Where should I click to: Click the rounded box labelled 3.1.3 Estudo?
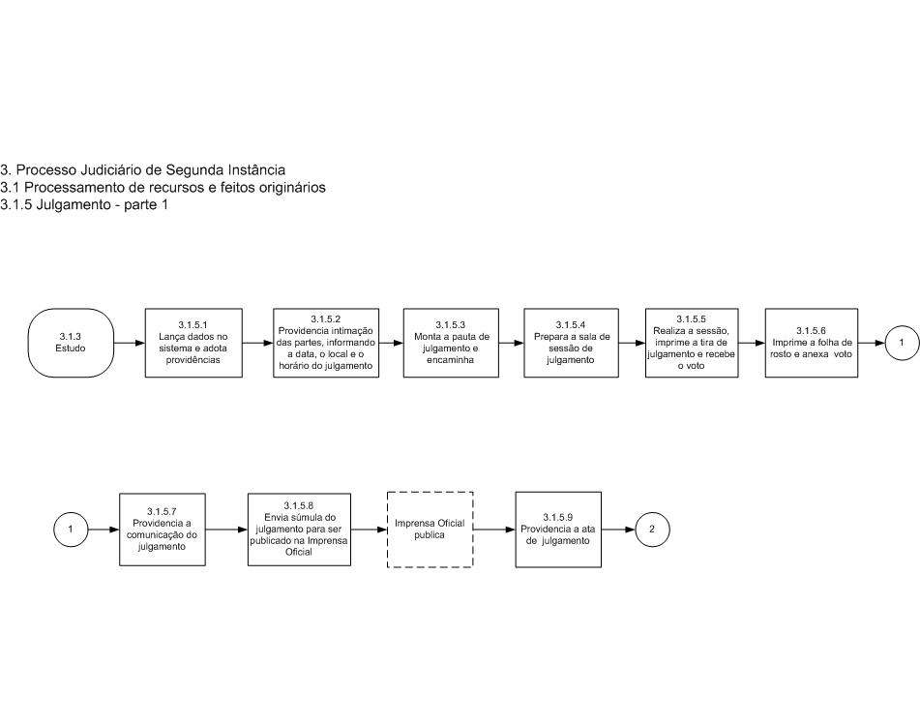tap(71, 343)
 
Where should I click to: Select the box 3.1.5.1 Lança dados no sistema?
tap(193, 343)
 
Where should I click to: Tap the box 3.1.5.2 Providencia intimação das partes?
tap(326, 343)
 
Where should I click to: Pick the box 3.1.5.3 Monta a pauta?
tap(451, 343)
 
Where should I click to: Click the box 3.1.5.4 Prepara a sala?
tap(571, 343)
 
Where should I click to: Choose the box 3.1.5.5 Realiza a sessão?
tap(692, 343)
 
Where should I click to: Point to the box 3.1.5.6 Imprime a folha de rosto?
tap(812, 343)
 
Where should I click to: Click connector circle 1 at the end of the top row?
tap(902, 343)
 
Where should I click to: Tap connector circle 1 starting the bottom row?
tap(71, 530)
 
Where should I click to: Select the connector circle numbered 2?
tap(652, 530)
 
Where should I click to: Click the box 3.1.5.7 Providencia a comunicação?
tap(163, 530)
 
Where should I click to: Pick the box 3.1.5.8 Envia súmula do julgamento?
tap(299, 530)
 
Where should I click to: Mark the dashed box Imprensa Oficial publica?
tap(430, 530)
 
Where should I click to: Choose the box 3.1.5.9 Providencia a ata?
tap(558, 530)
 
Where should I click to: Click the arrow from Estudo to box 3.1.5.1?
tap(129, 343)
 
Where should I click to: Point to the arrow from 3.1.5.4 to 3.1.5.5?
tap(632, 343)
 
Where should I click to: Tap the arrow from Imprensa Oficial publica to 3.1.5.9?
tap(494, 530)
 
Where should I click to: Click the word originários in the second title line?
tap(291, 188)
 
